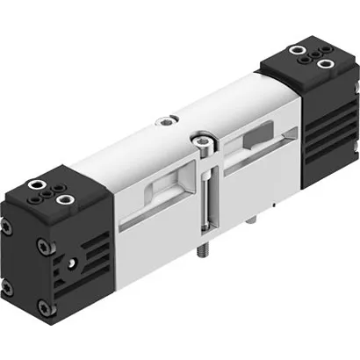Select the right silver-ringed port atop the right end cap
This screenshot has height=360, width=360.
tap(328, 63)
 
